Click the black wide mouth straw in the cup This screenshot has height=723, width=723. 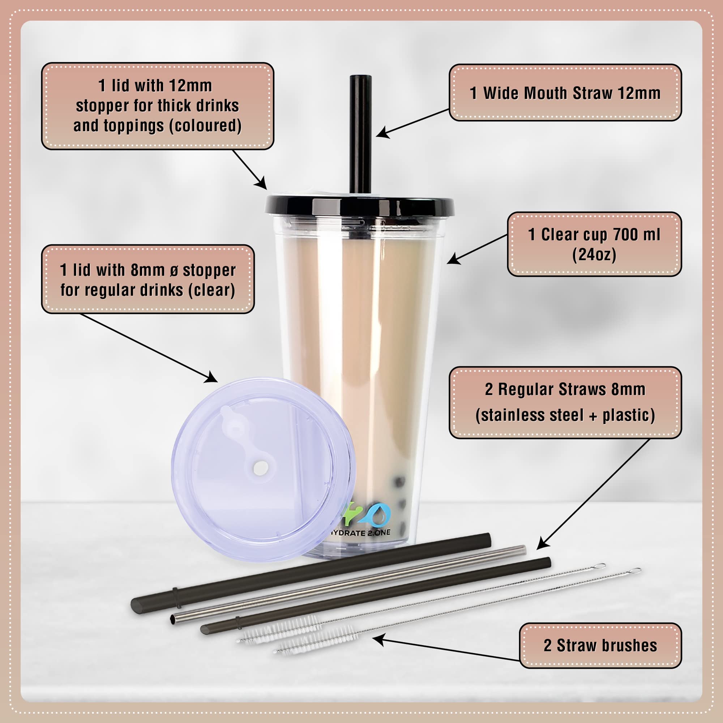[360, 135]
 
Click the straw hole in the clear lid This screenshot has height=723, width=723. [260, 468]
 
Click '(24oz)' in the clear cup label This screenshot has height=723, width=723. [594, 255]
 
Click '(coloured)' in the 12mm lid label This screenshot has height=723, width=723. [205, 126]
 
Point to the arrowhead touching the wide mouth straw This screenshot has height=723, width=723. [382, 132]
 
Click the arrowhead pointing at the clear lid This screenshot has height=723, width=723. [211, 377]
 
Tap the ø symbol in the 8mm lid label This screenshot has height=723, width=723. [174, 270]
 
